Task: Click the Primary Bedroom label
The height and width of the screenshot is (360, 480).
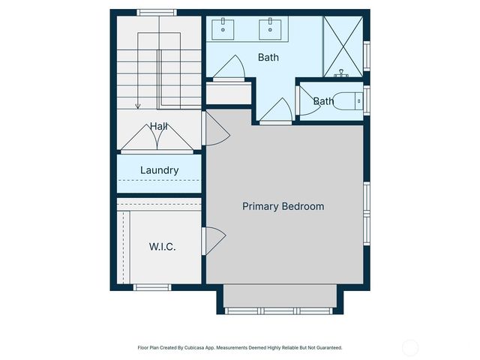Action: tap(283, 206)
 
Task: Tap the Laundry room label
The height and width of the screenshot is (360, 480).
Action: tap(159, 170)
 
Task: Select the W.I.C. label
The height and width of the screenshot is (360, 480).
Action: tap(162, 247)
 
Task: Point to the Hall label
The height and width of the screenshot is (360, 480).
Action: tap(158, 126)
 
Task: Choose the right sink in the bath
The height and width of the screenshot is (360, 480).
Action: tap(270, 30)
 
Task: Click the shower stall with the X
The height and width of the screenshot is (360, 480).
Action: tap(343, 45)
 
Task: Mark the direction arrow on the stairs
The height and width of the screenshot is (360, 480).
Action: tap(138, 107)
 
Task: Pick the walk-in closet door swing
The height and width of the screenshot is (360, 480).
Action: tap(213, 241)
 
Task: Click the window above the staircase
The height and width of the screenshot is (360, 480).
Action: tap(157, 12)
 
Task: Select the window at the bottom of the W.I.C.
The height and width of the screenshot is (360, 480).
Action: tap(152, 286)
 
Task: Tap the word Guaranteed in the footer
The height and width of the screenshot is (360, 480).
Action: tap(326, 348)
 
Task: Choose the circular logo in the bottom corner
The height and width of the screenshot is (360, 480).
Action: tap(410, 347)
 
